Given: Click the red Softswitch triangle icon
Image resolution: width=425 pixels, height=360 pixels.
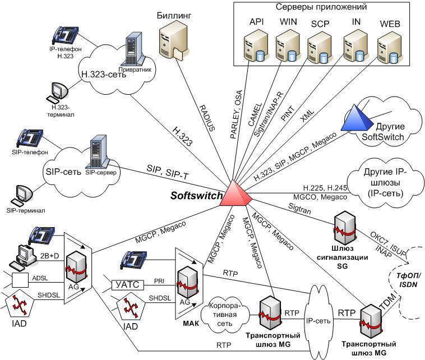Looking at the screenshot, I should (x=234, y=193).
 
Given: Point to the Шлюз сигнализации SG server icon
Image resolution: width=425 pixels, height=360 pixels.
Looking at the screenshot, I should (x=344, y=230).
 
